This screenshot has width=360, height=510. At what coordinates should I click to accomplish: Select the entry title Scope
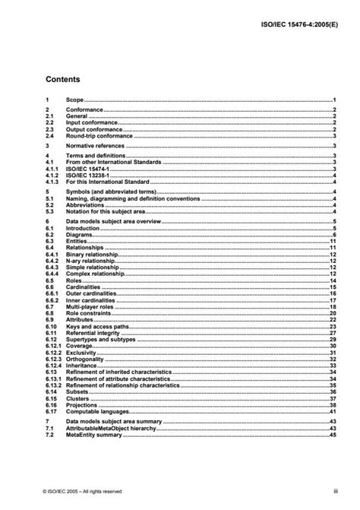75,100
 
